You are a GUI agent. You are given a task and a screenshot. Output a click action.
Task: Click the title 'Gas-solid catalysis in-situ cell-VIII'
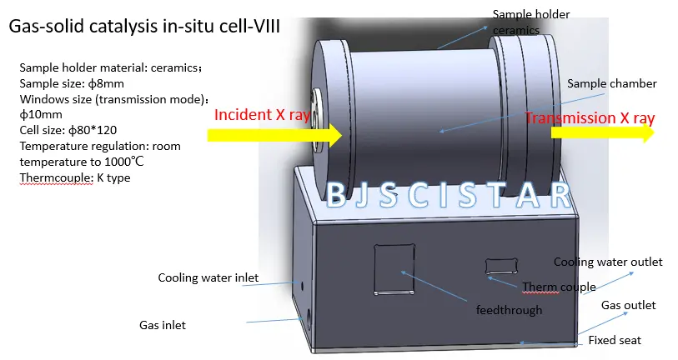coord(144,26)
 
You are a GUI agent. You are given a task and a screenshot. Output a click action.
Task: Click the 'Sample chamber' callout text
coord(612,84)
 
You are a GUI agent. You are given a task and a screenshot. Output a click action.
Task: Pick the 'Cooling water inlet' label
coord(208,277)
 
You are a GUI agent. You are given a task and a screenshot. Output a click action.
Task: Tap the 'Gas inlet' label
coord(162,325)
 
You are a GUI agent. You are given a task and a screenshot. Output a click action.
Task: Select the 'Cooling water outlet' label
coord(608,262)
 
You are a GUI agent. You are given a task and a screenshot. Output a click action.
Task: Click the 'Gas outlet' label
coord(629,305)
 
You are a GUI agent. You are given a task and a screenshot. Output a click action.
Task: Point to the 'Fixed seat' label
coord(615,341)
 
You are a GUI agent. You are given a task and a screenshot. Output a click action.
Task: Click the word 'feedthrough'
coord(509,310)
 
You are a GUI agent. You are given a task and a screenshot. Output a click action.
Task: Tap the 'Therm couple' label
coord(559,287)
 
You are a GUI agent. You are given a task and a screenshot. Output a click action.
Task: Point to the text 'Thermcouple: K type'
coord(75,177)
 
